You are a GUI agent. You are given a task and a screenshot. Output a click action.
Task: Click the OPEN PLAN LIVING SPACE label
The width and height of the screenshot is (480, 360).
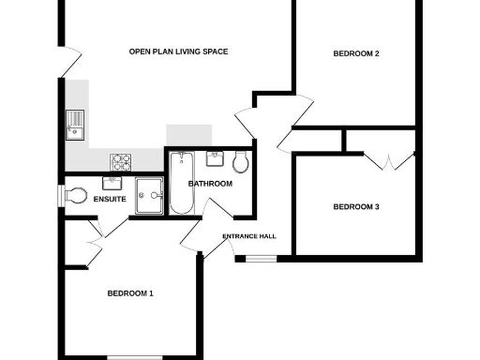pyautogui.click(x=178, y=52)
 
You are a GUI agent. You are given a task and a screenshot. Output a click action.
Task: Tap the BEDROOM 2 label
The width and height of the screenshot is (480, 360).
pyautogui.click(x=356, y=53)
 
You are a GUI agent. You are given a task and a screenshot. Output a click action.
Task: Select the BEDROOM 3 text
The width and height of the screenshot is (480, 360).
pyautogui.click(x=356, y=206)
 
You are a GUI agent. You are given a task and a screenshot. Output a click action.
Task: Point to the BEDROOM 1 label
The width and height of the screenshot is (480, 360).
pyautogui.click(x=130, y=293)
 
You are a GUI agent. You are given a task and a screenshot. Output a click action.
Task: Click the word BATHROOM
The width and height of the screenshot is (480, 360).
pyautogui.click(x=210, y=184)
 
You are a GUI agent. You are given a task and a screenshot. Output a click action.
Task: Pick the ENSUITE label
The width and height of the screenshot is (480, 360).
pyautogui.click(x=110, y=225)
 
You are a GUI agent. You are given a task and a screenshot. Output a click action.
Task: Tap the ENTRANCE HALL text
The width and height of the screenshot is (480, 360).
pyautogui.click(x=248, y=236)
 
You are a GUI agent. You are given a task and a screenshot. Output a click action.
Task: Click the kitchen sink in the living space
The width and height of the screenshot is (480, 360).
pyautogui.click(x=75, y=124)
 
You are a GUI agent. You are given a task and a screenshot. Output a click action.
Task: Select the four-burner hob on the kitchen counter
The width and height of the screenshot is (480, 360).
pyautogui.click(x=121, y=160)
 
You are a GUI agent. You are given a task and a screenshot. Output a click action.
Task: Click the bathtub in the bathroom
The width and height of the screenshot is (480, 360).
pyautogui.click(x=178, y=183)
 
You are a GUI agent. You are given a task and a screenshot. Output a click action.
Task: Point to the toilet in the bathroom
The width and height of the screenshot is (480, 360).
pyautogui.click(x=242, y=163)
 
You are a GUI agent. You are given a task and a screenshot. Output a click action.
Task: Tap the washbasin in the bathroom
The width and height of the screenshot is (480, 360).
pyautogui.click(x=215, y=157)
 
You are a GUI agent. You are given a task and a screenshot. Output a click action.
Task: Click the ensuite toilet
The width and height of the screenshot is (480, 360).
pyautogui.click(x=75, y=195)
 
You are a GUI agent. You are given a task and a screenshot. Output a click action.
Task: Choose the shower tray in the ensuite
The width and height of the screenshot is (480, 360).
pyautogui.click(x=148, y=195)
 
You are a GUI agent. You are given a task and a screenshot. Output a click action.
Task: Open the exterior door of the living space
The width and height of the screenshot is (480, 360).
pyautogui.click(x=67, y=61)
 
